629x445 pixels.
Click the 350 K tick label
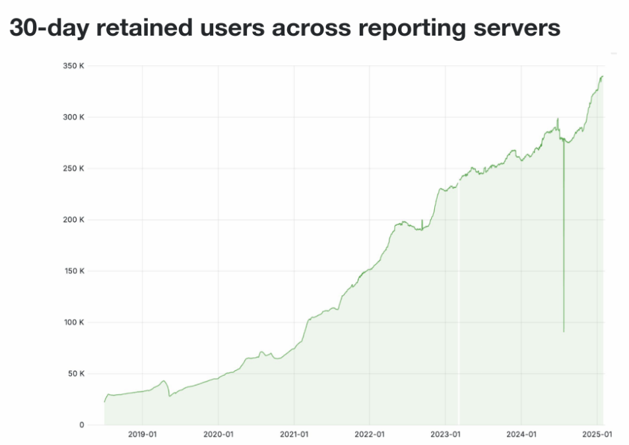[x=75, y=66]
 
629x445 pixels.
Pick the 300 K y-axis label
[x=75, y=118]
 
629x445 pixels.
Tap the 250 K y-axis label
[x=75, y=168]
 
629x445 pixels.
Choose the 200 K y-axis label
[x=75, y=220]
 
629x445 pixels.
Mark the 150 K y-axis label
[x=75, y=271]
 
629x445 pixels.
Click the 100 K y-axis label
[x=75, y=322]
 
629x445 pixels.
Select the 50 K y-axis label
[x=77, y=374]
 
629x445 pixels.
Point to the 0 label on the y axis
[x=82, y=425]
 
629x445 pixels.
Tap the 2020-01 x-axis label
[x=218, y=435]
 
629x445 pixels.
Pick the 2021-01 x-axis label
[x=294, y=435]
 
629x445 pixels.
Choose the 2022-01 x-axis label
[x=370, y=435]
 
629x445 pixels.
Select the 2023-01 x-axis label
[x=446, y=435]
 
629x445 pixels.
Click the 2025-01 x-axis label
[x=597, y=435]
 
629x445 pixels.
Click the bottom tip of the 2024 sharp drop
[x=564, y=331]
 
